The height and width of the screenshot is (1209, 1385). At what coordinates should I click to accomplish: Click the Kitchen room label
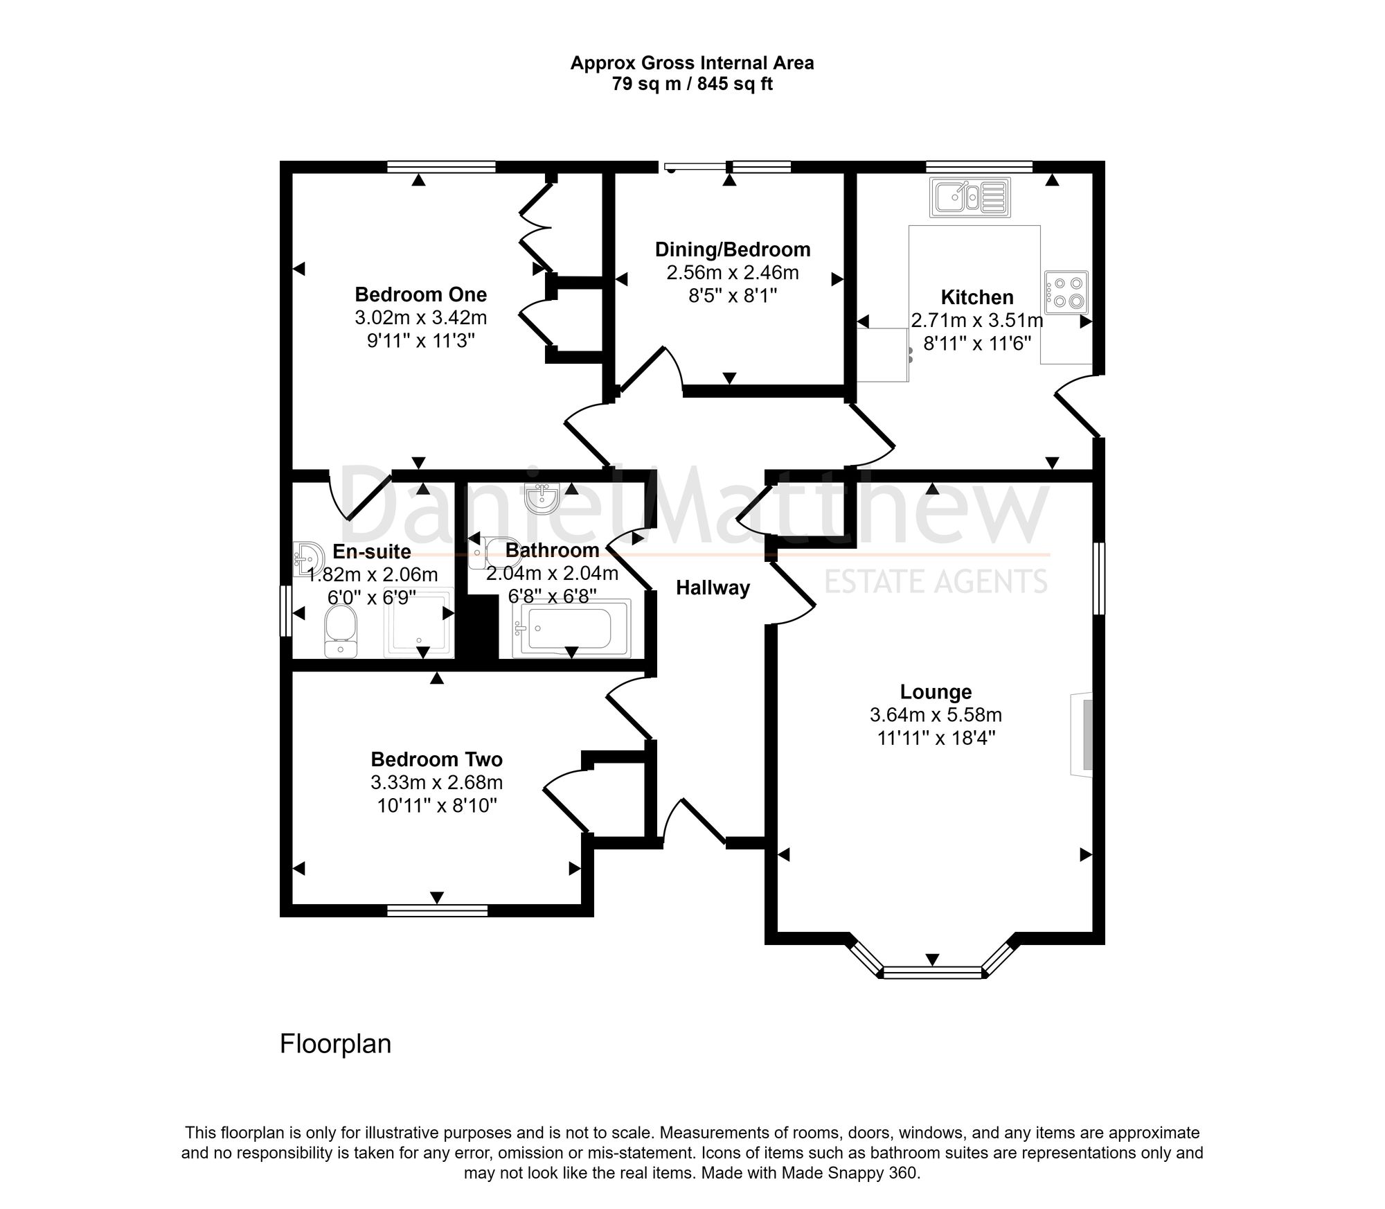coord(976,297)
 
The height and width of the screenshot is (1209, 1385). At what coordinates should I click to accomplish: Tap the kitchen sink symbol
coord(971,197)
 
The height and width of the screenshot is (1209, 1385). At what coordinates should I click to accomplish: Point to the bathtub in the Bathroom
coord(571,628)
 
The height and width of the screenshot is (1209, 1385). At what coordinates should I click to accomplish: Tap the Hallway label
coord(713,588)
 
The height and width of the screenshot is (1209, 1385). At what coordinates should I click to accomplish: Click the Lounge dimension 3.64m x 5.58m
coord(936,714)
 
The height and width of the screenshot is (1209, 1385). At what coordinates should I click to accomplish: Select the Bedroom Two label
coord(436,759)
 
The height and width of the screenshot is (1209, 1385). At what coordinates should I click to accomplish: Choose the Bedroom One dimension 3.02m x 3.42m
coord(420,318)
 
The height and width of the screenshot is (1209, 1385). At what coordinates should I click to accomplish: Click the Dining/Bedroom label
coord(733,249)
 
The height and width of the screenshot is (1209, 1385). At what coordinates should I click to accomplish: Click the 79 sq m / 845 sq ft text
coord(692,84)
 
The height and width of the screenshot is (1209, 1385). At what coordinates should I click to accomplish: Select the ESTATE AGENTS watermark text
coord(935,581)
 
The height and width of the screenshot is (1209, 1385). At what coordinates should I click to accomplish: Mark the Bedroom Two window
coord(437,910)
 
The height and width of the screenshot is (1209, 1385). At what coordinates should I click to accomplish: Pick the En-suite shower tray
coord(418,622)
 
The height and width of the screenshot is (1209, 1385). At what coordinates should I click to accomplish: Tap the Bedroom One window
coord(441,166)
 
